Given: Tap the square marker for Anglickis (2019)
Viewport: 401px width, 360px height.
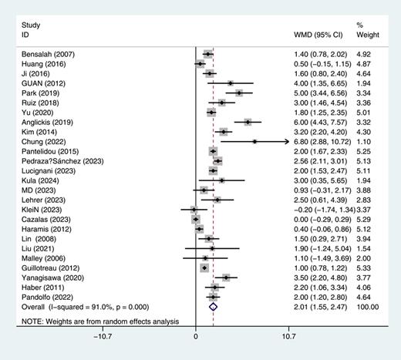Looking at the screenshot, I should click(x=248, y=122).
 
